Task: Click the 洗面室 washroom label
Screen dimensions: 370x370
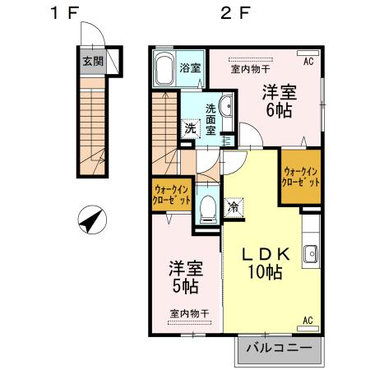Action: click(x=211, y=118)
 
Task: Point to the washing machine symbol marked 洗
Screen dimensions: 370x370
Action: click(x=191, y=127)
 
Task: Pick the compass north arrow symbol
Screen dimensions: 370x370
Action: click(x=91, y=220)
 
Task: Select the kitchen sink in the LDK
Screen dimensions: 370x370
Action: click(x=311, y=254)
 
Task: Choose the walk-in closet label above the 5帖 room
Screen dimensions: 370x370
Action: click(x=171, y=194)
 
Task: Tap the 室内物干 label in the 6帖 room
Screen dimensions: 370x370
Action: click(x=250, y=69)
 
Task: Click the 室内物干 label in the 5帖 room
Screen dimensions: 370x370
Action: click(x=190, y=313)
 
